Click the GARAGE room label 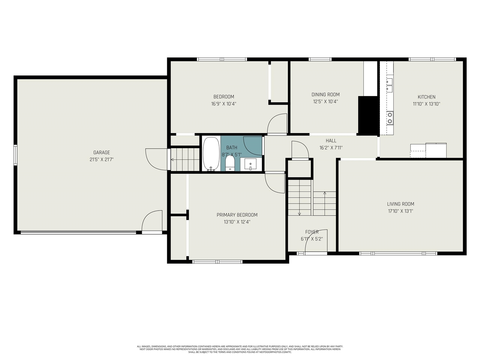click(x=102, y=153)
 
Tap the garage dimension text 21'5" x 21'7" click(x=102, y=159)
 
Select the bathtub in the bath click(x=211, y=154)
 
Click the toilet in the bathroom click(x=230, y=163)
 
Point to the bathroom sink click(x=250, y=164)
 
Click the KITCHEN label click(x=427, y=97)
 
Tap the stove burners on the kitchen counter click(x=390, y=118)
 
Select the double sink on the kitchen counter click(x=390, y=85)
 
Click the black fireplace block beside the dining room click(x=368, y=115)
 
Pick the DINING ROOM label click(x=325, y=94)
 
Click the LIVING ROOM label click(x=400, y=204)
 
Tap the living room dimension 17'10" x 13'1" click(x=400, y=211)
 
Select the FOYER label click(x=312, y=232)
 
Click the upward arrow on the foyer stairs click(x=324, y=194)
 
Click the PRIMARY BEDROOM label click(x=237, y=215)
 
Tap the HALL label click(x=331, y=141)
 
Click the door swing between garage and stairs click(x=156, y=159)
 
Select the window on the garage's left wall click(x=15, y=155)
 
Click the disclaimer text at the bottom click(x=240, y=349)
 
